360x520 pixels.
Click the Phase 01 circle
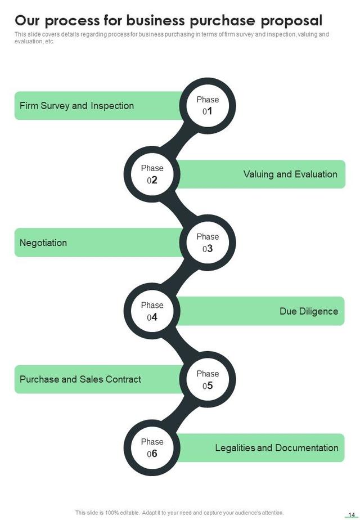pyautogui.click(x=207, y=106)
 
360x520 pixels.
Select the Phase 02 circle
pyautogui.click(x=152, y=174)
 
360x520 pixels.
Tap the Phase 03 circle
pyautogui.click(x=207, y=243)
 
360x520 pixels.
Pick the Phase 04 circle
pyautogui.click(x=152, y=311)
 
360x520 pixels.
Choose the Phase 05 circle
pyautogui.click(x=207, y=380)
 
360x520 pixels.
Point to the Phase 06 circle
pyautogui.click(x=152, y=448)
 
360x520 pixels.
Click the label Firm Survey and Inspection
pyautogui.click(x=76, y=106)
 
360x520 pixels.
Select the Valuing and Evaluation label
pyautogui.click(x=290, y=174)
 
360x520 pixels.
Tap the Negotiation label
pyautogui.click(x=43, y=243)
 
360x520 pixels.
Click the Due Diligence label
pyautogui.click(x=309, y=311)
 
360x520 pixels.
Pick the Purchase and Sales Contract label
pyautogui.click(x=80, y=379)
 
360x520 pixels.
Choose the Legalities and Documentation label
pyautogui.click(x=276, y=448)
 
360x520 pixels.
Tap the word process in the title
pyautogui.click(x=73, y=21)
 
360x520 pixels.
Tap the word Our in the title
pyautogui.click(x=28, y=21)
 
